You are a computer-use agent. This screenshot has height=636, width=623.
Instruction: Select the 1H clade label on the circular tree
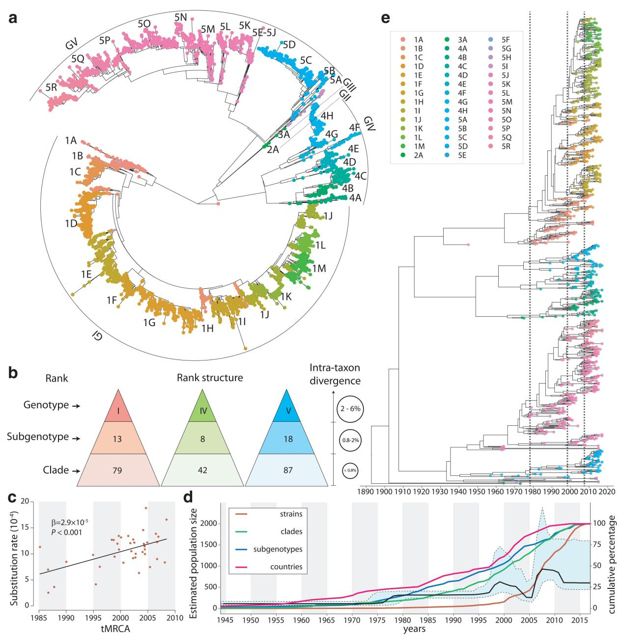tap(207, 329)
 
